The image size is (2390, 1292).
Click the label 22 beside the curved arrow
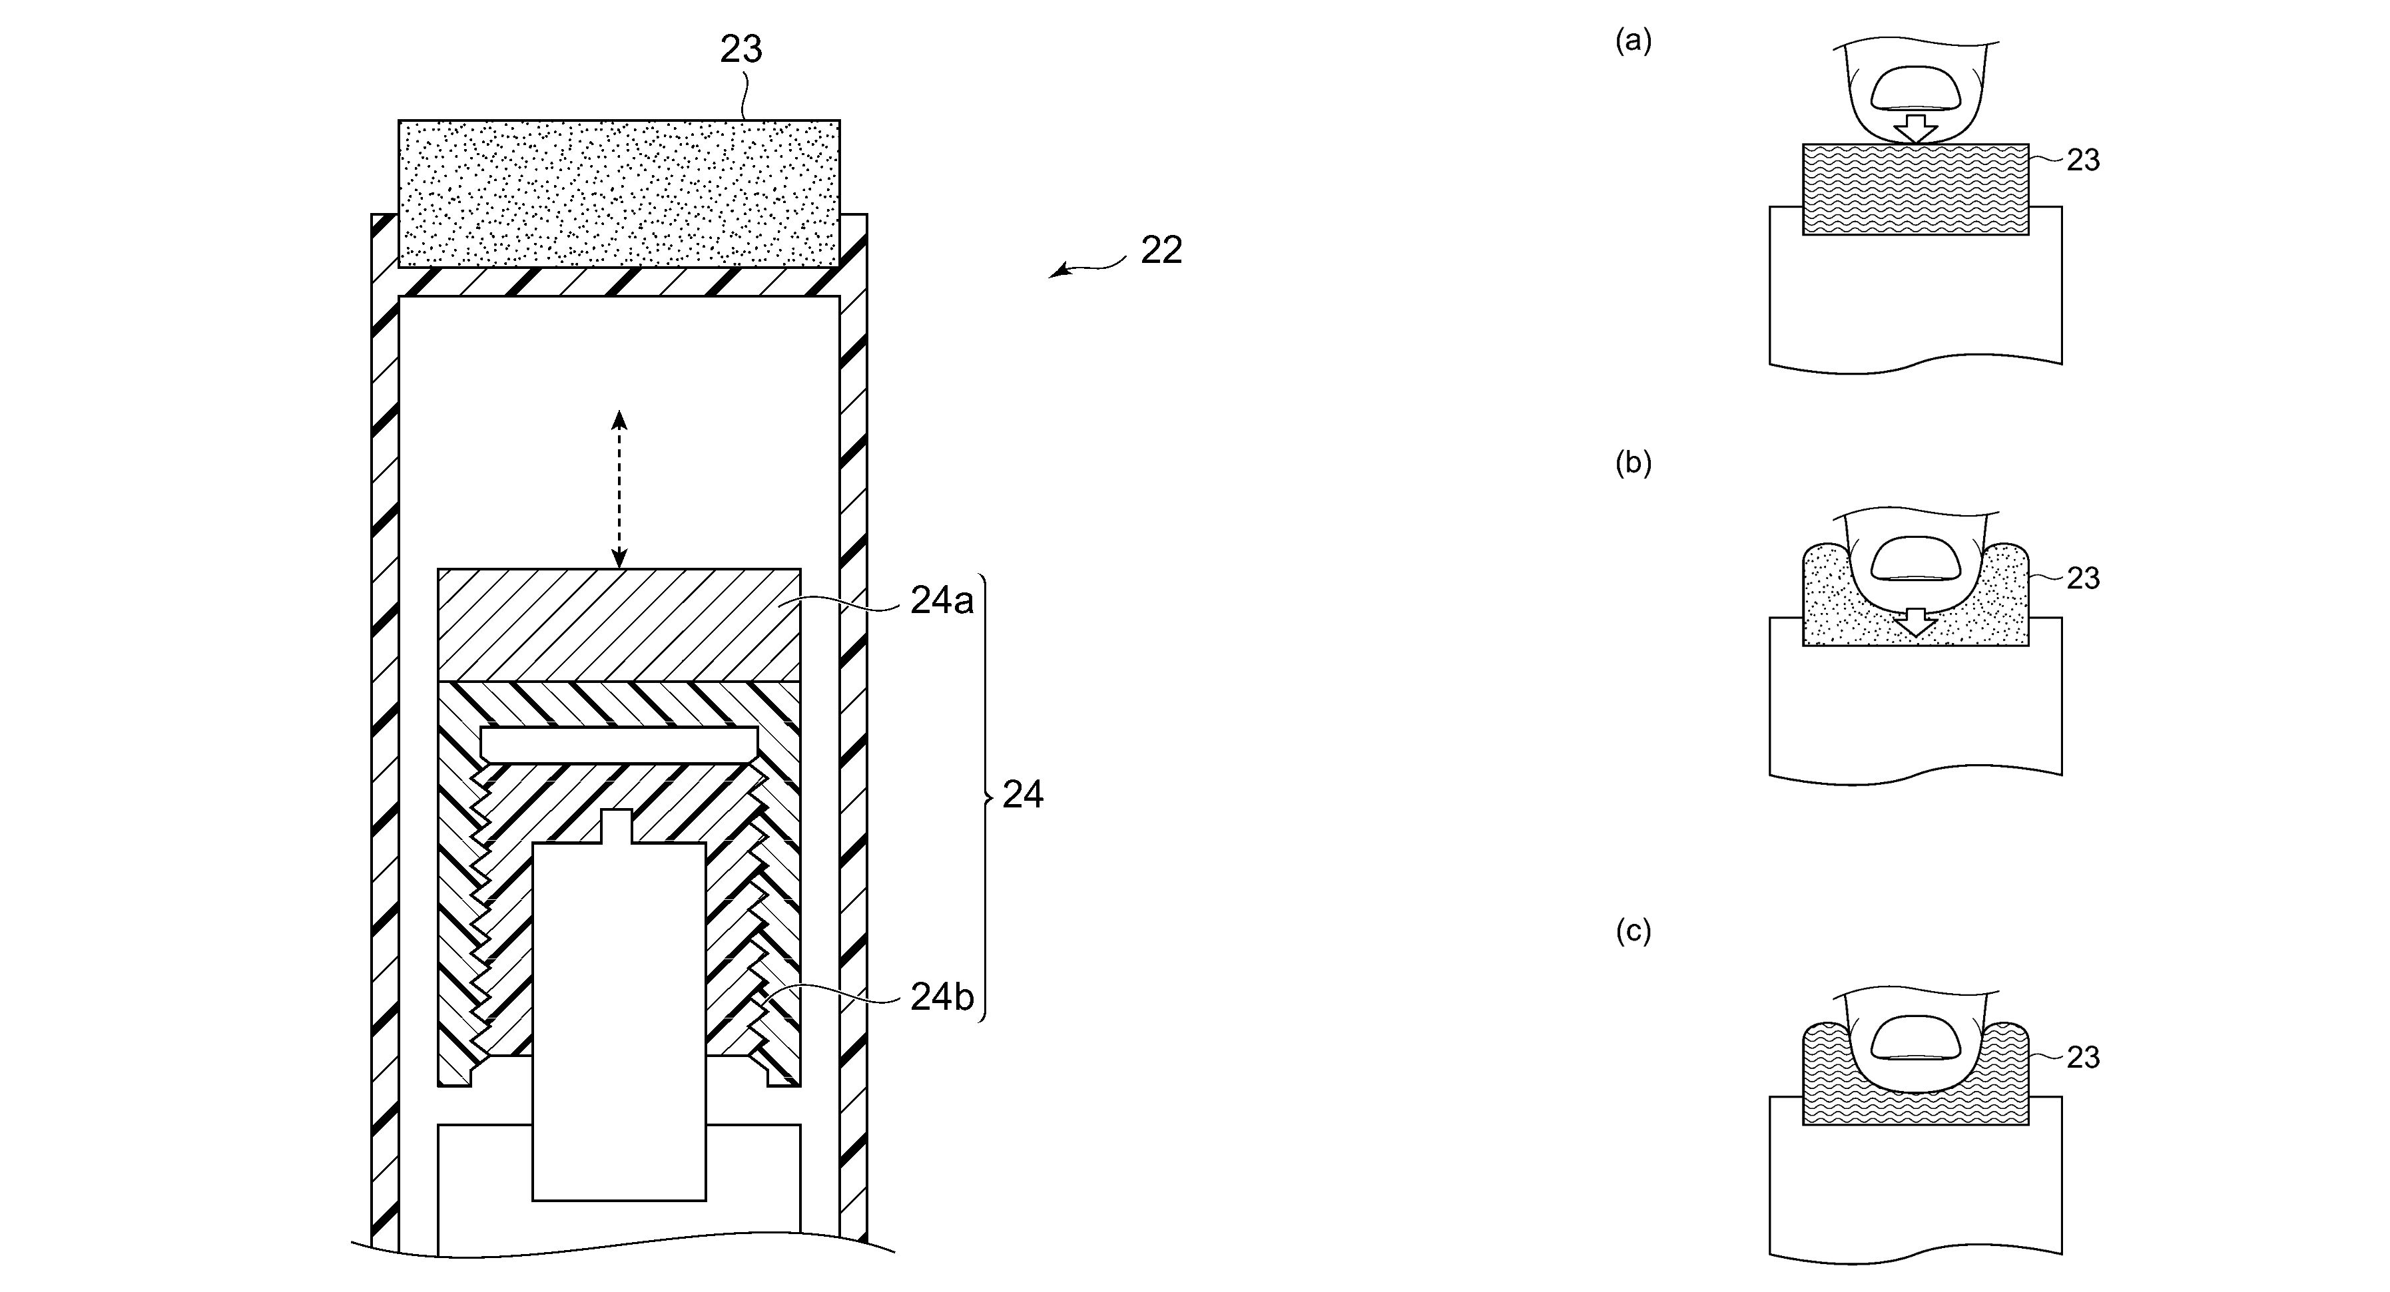point(1161,250)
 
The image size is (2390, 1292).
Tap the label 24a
point(942,601)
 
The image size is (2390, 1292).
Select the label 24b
point(942,996)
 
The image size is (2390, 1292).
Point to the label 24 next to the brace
point(1022,795)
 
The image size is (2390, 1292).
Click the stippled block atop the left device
point(619,194)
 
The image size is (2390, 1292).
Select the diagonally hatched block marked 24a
point(619,624)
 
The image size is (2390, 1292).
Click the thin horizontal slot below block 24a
point(619,745)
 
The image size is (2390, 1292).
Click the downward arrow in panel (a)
point(1916,126)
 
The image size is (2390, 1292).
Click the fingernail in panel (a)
point(1916,89)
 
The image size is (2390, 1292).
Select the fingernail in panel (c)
point(1916,1038)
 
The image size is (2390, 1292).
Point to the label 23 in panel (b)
point(2083,578)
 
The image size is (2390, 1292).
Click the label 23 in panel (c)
point(2083,1057)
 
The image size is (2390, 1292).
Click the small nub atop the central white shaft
point(619,827)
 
